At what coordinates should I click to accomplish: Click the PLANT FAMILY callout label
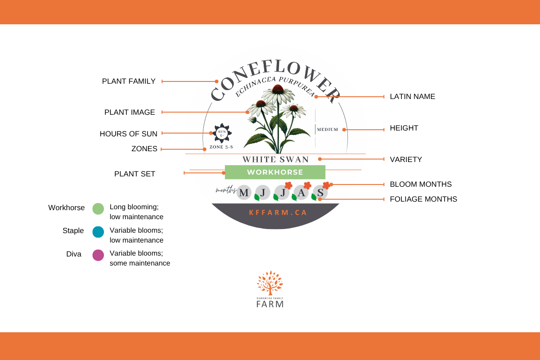[x=129, y=81]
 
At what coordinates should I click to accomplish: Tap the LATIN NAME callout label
[x=412, y=97]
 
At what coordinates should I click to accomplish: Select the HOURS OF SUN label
[x=128, y=134]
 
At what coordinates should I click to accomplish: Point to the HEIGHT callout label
[x=404, y=128]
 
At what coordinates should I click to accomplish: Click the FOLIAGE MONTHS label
[x=423, y=199]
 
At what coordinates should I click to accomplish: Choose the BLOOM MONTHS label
[x=420, y=184]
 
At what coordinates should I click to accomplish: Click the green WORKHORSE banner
[x=275, y=172]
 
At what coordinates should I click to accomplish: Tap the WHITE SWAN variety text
[x=275, y=159]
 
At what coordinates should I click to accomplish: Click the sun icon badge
[x=222, y=133]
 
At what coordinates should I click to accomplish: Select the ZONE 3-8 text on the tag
[x=221, y=147]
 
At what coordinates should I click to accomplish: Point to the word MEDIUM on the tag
[x=327, y=130]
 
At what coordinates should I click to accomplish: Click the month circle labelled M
[x=244, y=193]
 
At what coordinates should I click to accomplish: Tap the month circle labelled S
[x=320, y=193]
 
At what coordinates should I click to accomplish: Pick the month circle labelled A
[x=301, y=193]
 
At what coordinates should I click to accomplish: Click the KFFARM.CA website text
[x=278, y=212]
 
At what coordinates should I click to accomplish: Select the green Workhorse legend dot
[x=98, y=208]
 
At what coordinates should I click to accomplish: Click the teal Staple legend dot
[x=98, y=232]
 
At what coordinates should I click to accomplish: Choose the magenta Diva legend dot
[x=98, y=255]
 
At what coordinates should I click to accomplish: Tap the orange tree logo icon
[x=270, y=283]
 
